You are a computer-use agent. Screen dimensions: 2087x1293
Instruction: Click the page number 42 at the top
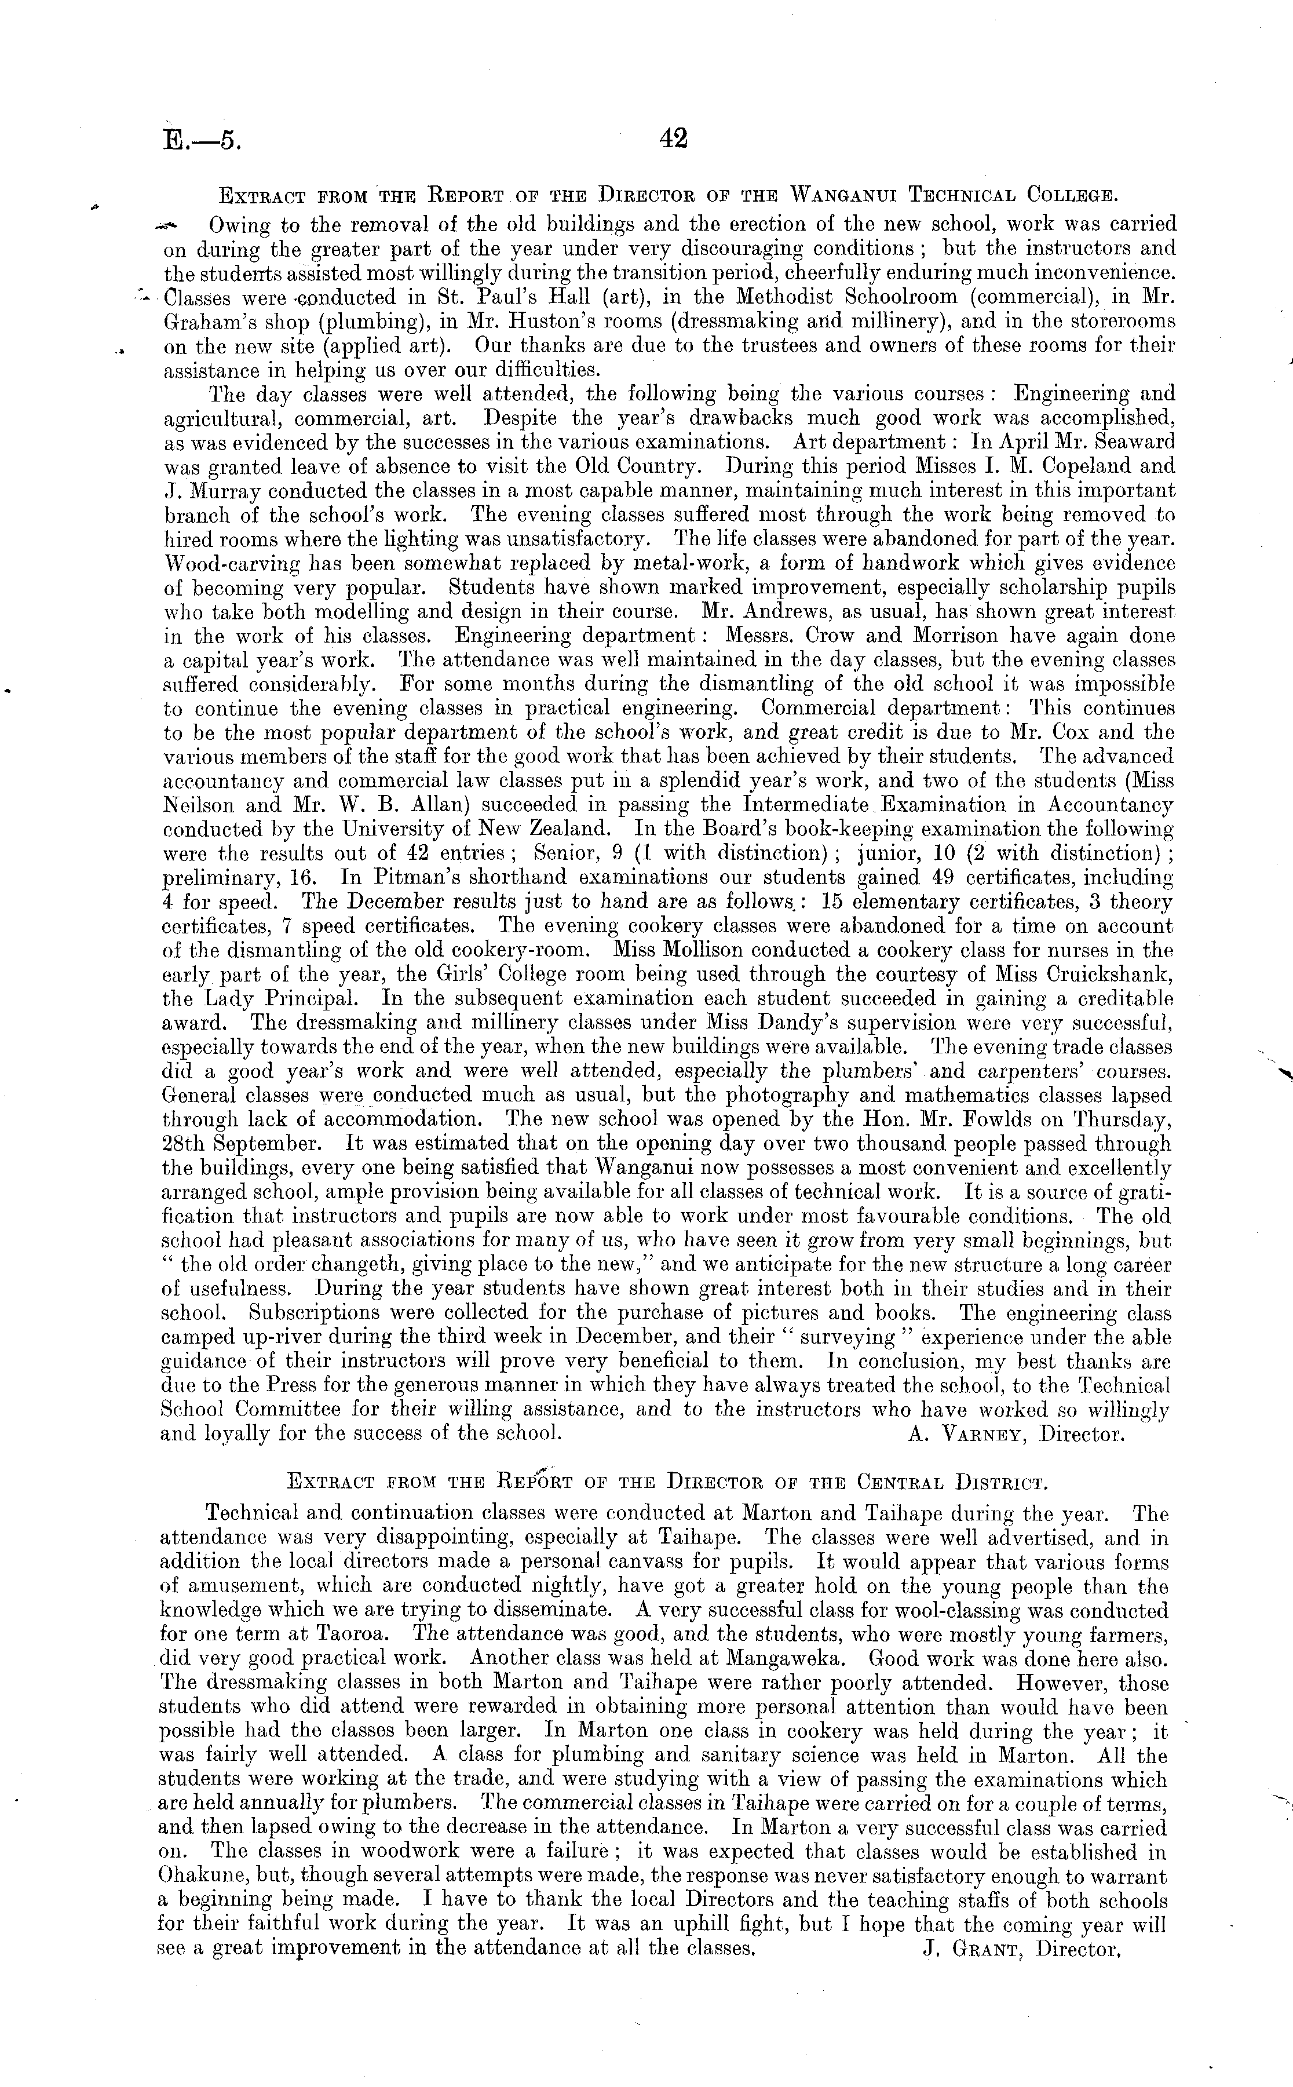click(674, 138)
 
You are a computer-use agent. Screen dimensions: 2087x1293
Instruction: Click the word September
click(271, 1144)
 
